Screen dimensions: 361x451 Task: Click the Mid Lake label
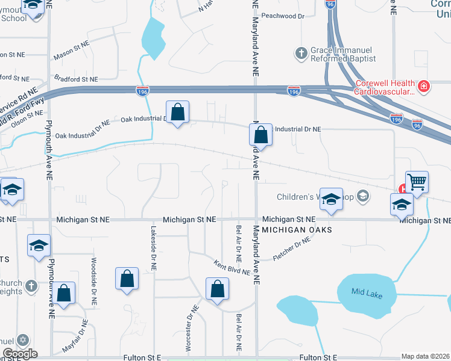click(367, 291)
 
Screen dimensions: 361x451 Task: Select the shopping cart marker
click(417, 181)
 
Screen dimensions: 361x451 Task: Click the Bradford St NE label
click(75, 79)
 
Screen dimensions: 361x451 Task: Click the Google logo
click(20, 353)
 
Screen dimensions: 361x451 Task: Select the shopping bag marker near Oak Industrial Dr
click(177, 112)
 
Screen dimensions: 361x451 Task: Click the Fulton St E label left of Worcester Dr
click(142, 357)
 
